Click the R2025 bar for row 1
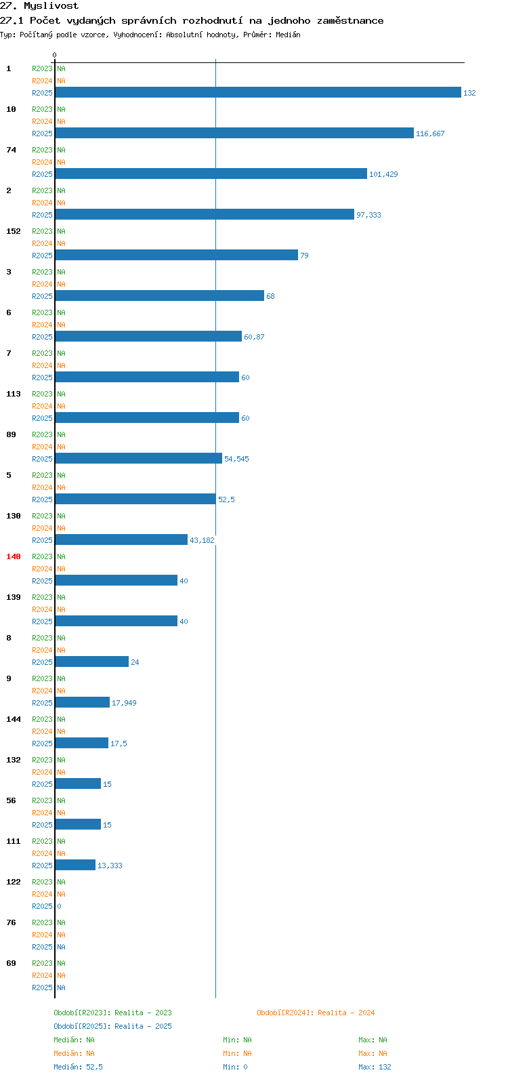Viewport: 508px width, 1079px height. tap(258, 92)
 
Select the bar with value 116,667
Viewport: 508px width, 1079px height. tap(234, 133)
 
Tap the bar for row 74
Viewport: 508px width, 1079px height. tap(211, 174)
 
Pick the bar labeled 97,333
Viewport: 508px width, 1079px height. tap(205, 214)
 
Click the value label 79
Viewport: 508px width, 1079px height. tap(304, 256)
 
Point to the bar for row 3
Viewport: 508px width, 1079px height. tap(160, 296)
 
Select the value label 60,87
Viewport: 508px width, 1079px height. tap(254, 337)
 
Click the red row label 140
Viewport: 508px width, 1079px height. tap(14, 556)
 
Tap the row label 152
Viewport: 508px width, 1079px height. tap(14, 231)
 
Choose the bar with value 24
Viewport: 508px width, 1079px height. tap(92, 662)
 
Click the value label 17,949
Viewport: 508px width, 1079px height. tap(124, 703)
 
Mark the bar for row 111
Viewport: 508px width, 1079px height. tap(75, 865)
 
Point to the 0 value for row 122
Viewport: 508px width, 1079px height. tap(59, 906)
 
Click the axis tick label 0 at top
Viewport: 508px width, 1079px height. tap(54, 55)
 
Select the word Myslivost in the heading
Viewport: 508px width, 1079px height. tap(51, 6)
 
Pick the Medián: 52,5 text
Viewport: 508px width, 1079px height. tap(78, 1067)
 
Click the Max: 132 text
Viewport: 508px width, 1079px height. tap(375, 1067)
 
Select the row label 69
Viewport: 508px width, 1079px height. tap(11, 963)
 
